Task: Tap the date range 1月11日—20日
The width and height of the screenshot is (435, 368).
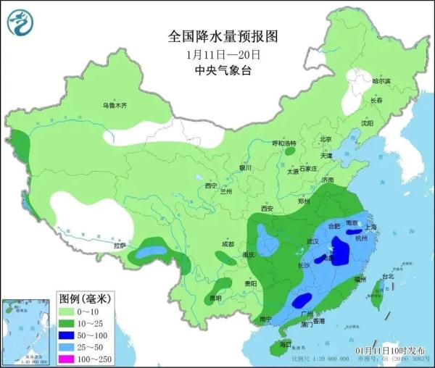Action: (223, 54)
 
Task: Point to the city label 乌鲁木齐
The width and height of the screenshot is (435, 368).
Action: (114, 106)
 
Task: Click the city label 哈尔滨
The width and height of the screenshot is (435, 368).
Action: (381, 81)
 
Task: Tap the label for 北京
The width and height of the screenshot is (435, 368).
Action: (326, 139)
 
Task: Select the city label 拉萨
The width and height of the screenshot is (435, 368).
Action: (120, 246)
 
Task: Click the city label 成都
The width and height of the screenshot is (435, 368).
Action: (228, 244)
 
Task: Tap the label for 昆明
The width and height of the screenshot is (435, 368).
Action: (215, 298)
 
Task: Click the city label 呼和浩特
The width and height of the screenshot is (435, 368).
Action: (284, 143)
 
